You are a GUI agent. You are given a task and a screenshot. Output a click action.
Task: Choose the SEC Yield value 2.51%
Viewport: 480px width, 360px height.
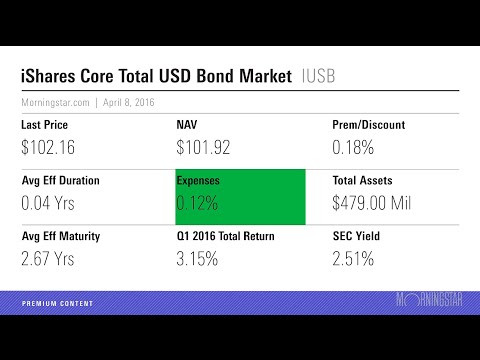353,259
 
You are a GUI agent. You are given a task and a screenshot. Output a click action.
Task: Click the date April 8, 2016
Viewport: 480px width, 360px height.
126,101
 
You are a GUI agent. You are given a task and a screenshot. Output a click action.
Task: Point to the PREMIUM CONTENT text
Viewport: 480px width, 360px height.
58,303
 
